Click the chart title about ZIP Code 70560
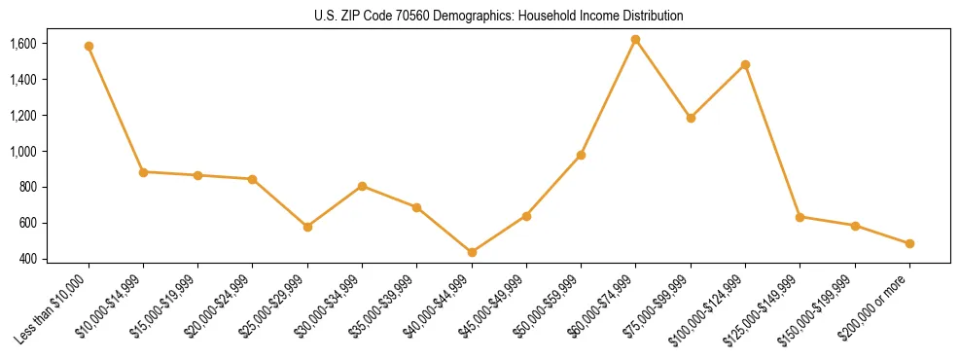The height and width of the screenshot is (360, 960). [499, 16]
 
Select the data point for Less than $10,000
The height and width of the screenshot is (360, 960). [89, 46]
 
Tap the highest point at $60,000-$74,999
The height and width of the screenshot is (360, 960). [635, 40]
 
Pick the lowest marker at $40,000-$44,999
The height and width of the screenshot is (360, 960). [472, 252]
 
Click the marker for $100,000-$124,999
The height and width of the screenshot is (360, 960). [745, 64]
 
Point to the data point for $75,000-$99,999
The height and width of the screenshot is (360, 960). [691, 118]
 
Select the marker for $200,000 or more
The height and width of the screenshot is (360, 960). [909, 243]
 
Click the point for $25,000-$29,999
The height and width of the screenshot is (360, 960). [307, 227]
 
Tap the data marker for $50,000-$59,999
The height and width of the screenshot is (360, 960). [581, 155]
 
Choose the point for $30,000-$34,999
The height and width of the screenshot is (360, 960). [362, 186]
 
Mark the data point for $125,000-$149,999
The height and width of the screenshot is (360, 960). [800, 217]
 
